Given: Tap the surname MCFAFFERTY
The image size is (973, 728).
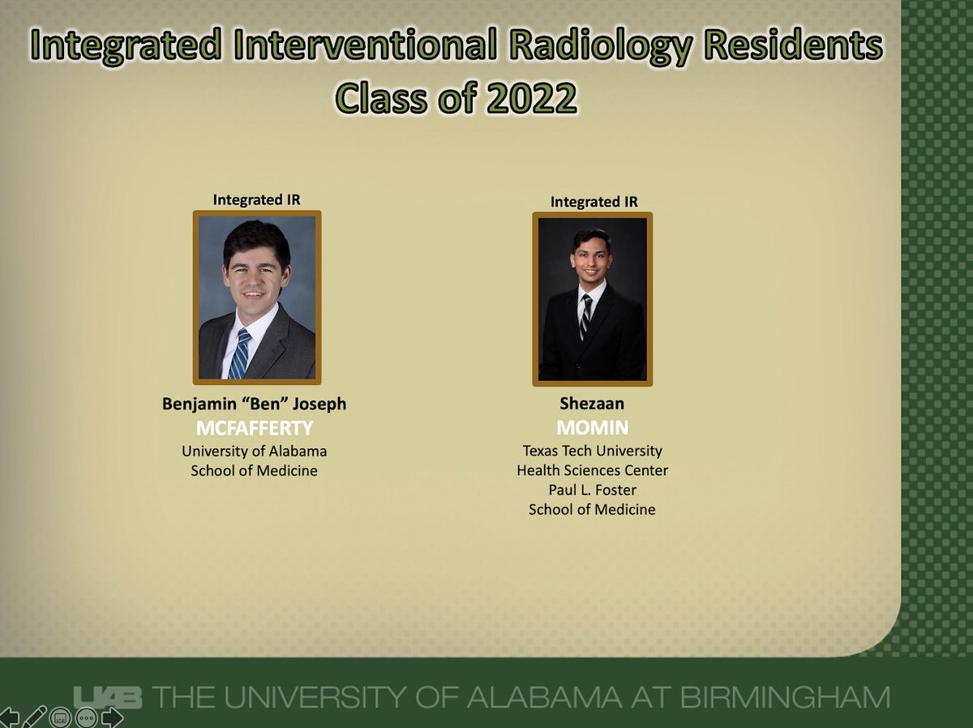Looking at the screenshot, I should tap(254, 426).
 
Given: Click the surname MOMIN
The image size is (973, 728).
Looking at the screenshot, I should tap(592, 426).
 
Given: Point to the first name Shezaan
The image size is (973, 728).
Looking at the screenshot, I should tap(592, 404).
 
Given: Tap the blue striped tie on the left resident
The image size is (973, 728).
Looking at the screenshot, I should tap(238, 353).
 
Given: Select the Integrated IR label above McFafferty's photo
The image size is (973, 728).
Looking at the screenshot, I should tap(256, 199).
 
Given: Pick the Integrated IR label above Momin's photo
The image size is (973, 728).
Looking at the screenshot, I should tap(594, 201).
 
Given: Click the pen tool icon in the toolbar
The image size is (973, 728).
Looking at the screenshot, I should tap(34, 717).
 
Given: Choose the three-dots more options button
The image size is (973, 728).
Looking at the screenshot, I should tap(86, 717).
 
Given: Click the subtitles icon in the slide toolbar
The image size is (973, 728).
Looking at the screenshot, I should tap(59, 717).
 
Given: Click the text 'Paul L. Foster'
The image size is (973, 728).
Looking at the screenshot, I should tap(592, 490).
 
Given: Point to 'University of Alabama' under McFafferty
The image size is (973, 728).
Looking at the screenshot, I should tap(254, 451).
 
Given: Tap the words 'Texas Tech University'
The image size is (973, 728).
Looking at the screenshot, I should tap(592, 451).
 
